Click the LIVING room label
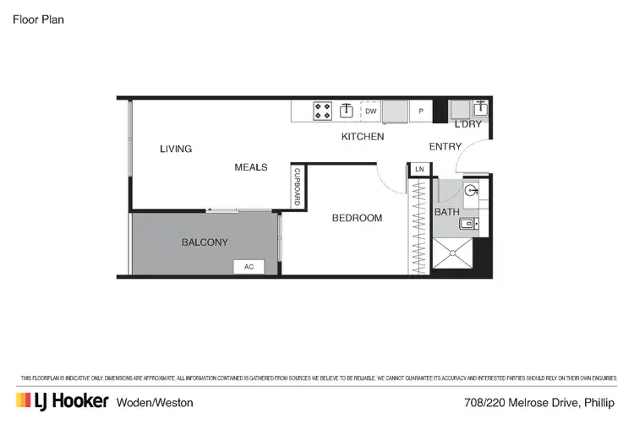point(176,149)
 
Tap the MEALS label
point(251,167)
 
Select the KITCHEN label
point(363,137)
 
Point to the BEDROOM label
point(357,218)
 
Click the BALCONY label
point(205,242)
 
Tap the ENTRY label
point(445,147)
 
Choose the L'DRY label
point(468,125)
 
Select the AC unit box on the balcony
point(249,267)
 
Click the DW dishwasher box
point(370,111)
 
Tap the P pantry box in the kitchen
point(420,111)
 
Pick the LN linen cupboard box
point(419,170)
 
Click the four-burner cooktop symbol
point(323,111)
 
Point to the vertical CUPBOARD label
point(297,187)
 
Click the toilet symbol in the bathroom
point(472,192)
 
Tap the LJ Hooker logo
point(62,400)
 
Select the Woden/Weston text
point(156,401)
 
